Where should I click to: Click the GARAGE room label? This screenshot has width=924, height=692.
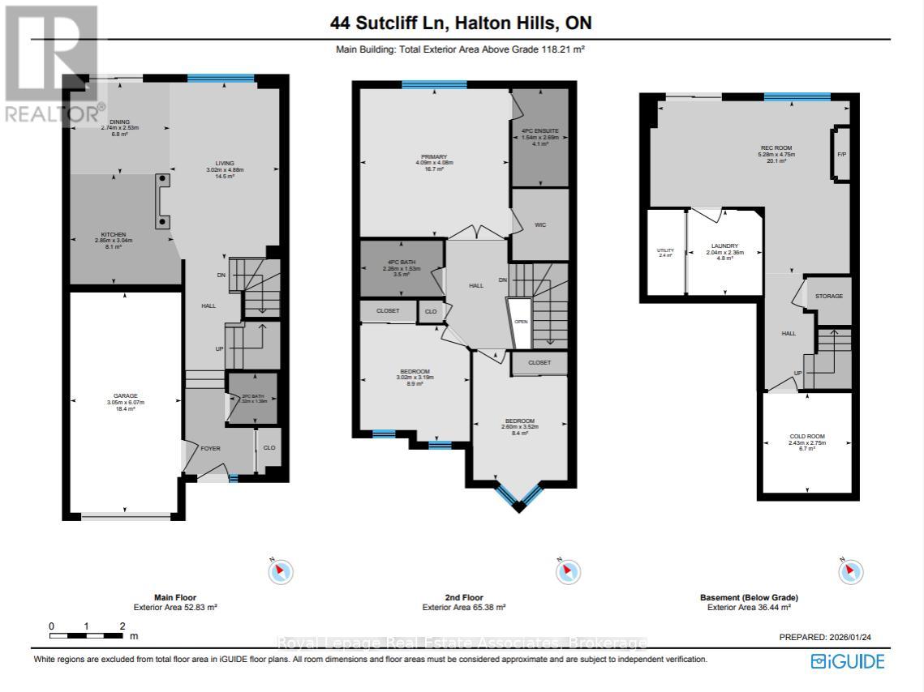(124, 397)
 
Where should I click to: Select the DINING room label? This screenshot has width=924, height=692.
(120, 122)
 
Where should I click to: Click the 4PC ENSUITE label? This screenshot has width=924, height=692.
(539, 130)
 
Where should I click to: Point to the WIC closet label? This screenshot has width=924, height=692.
(539, 225)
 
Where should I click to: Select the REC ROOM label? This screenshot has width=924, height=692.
(771, 147)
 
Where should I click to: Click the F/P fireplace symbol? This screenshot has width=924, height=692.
(841, 153)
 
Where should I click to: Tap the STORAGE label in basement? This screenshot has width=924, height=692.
(829, 297)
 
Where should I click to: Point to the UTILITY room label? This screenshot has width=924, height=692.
(665, 250)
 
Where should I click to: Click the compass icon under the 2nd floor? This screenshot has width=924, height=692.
(568, 572)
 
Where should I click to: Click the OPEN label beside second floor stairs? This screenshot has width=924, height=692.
(521, 321)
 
